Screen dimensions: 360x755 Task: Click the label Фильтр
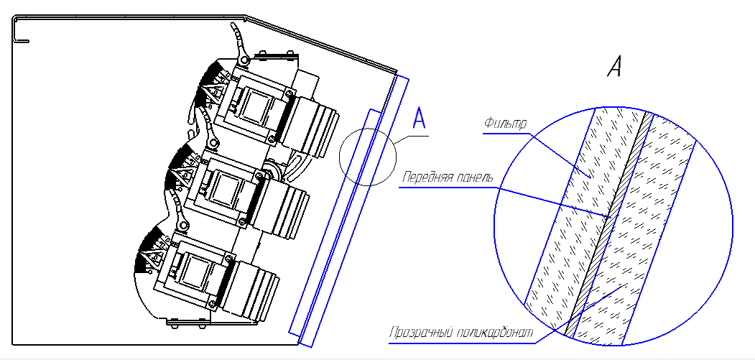(505, 124)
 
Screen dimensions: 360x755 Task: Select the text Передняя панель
(446, 177)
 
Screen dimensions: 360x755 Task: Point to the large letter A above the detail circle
(614, 67)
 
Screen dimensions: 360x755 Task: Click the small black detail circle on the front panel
(367, 157)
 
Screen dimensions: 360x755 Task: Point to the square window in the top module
(254, 106)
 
